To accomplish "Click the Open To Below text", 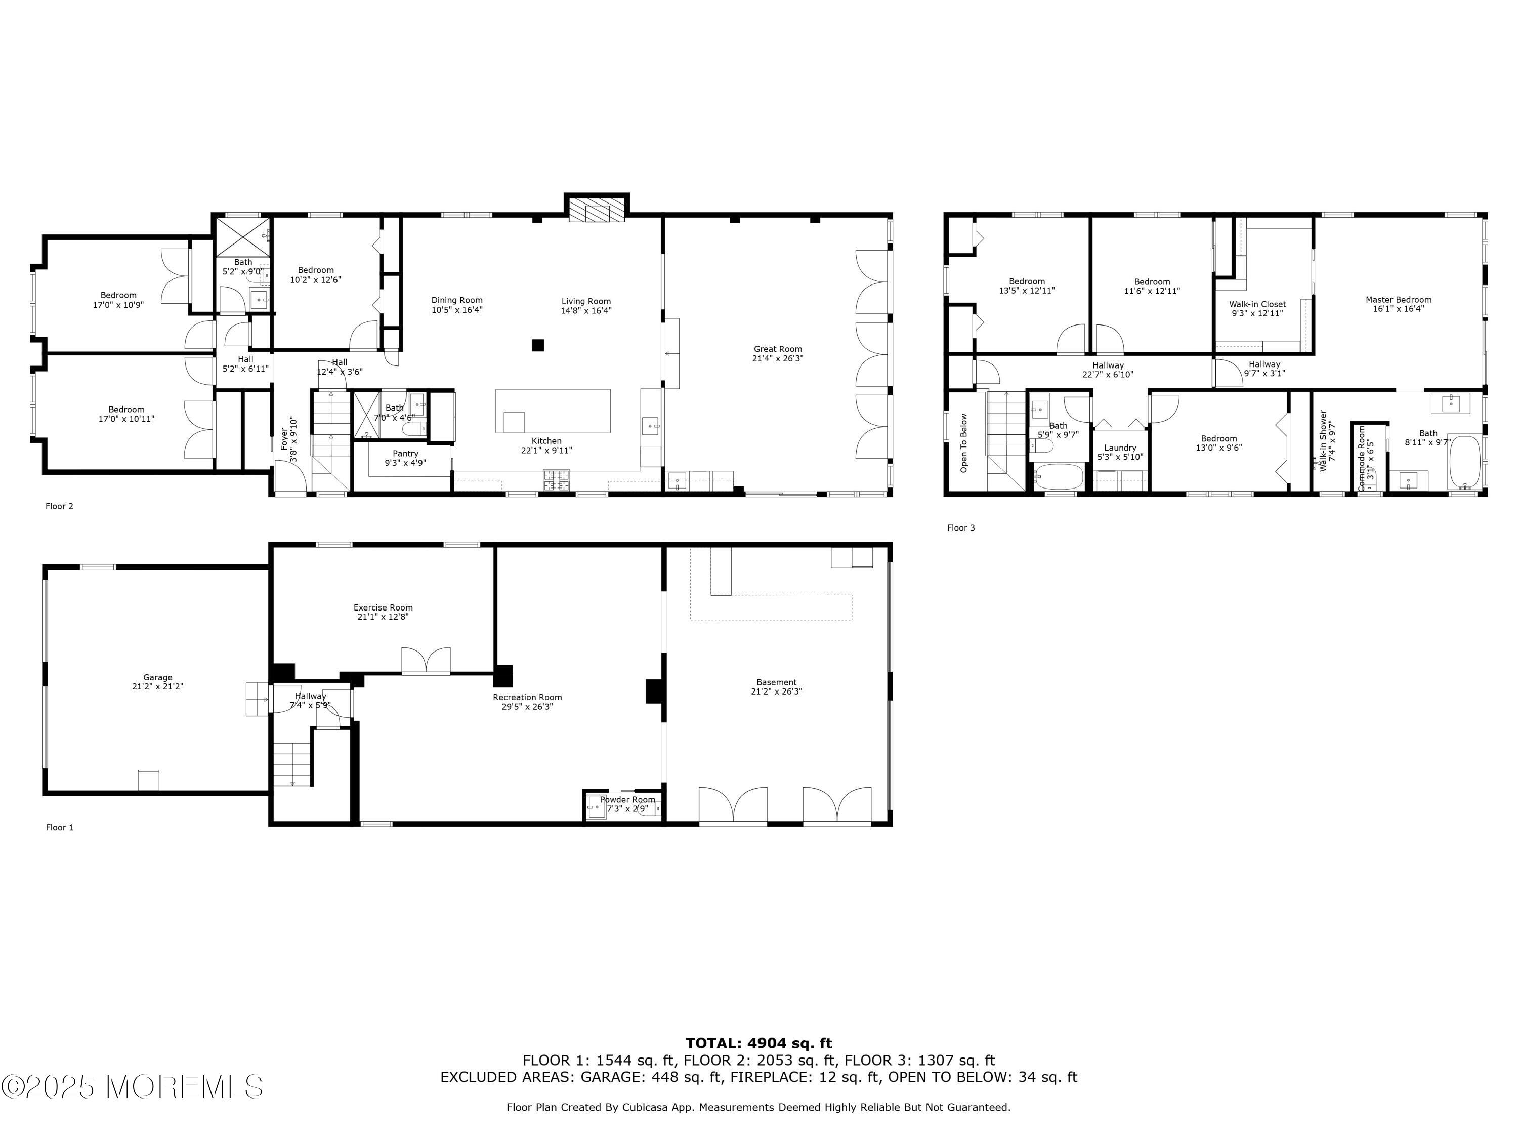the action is (x=964, y=443).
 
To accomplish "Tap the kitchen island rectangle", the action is (x=553, y=411).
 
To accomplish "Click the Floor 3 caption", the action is (x=961, y=528).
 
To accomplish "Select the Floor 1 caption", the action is (x=60, y=827).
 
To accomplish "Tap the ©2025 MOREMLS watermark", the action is (x=132, y=1086).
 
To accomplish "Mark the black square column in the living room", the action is (x=538, y=345).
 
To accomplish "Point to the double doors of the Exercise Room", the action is (x=426, y=661).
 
